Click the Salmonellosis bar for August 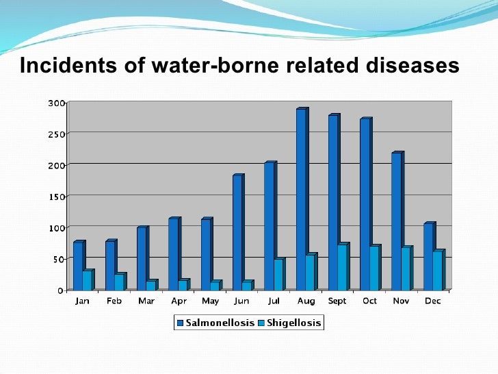(301, 199)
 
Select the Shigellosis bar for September (341, 267)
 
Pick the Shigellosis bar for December (437, 271)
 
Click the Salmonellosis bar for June (237, 233)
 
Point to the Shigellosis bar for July (278, 274)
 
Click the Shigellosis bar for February (119, 282)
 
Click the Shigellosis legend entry (291, 322)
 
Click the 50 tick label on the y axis (59, 259)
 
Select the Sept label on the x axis (337, 301)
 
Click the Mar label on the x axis (146, 301)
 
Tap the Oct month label (369, 301)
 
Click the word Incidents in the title (62, 66)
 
